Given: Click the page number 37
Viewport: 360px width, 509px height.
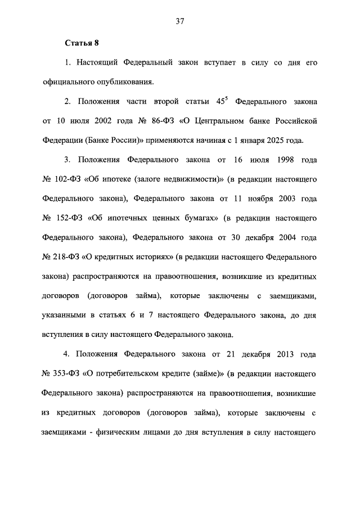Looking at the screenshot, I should click(180, 21).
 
